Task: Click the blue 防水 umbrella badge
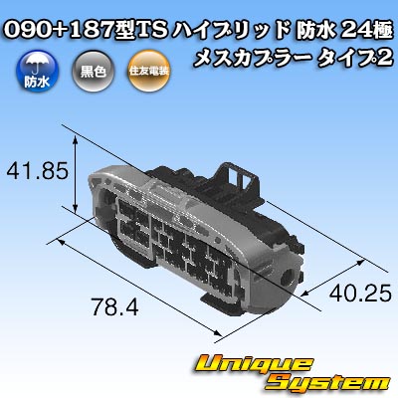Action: pos(38,71)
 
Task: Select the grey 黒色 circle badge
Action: pos(94,71)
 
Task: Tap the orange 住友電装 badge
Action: pos(149,71)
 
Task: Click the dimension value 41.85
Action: pos(38,171)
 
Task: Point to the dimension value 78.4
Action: pos(114,306)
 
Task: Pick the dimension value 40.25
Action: pos(361,294)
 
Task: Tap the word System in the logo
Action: pos(327,381)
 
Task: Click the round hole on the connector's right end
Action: pos(288,278)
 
